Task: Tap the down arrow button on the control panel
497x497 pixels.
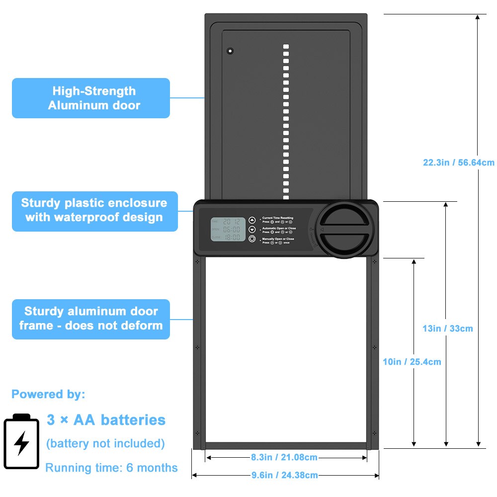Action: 252,230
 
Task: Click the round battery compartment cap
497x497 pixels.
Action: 344,230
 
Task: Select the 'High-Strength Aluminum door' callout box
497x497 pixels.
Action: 91,98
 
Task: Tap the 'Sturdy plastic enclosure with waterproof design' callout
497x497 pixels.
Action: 94,210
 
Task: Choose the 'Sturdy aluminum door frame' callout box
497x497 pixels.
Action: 91,319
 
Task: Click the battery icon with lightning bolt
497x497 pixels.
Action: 21,441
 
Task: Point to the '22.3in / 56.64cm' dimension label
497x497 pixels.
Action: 458,163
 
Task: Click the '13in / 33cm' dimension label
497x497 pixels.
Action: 448,329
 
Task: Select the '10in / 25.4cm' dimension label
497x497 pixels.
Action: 412,362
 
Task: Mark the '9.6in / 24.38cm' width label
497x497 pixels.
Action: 285,475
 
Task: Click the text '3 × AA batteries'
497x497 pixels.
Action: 106,420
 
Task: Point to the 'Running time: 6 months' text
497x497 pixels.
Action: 111,468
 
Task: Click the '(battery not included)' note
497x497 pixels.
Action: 105,443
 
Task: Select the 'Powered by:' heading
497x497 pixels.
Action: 48,395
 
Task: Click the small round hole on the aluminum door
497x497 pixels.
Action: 230,51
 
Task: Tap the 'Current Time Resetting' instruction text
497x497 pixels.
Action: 277,218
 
